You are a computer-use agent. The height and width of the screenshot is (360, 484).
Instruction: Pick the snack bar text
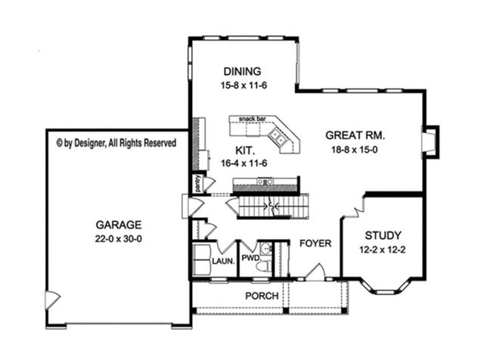click(252, 119)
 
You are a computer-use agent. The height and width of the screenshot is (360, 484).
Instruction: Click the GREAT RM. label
click(355, 136)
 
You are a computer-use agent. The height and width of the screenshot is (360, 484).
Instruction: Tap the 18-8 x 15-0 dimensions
click(355, 150)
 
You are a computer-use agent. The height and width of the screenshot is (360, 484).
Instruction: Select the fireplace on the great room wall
click(430, 141)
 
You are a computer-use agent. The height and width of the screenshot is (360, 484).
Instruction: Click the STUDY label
click(382, 235)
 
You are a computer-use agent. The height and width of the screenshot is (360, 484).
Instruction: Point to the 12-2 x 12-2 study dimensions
click(382, 249)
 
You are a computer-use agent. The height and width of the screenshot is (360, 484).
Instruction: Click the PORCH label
click(262, 296)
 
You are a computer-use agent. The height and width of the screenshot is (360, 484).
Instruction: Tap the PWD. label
click(250, 258)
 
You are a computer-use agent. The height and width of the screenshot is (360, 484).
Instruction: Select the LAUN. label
click(222, 261)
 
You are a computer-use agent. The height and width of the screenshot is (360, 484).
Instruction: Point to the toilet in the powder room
click(265, 261)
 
